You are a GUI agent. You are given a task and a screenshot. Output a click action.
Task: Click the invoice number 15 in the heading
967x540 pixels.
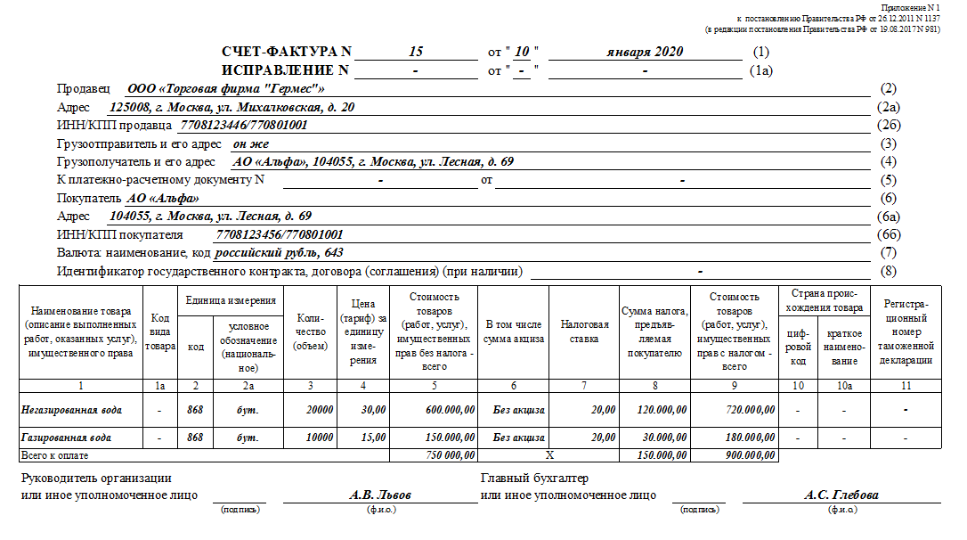(x=416, y=52)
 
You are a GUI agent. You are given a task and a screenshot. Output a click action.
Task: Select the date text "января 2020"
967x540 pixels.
(x=645, y=52)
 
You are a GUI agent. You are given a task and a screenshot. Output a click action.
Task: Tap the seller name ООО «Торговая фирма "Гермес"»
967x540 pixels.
(x=226, y=89)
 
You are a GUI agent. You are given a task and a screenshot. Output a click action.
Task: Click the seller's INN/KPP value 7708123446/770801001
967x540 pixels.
(x=244, y=126)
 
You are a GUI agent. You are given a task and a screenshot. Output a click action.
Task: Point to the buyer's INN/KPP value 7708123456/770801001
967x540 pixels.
(x=280, y=234)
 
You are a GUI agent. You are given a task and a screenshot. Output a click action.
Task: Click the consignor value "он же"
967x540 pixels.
(x=251, y=143)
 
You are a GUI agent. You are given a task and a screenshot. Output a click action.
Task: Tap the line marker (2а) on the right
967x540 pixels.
(x=888, y=108)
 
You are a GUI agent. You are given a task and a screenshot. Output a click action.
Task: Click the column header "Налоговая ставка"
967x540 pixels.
(x=584, y=331)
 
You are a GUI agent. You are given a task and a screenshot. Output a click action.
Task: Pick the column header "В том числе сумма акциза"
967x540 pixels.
(x=514, y=331)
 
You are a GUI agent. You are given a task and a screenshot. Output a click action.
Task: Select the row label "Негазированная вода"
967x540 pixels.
(x=71, y=410)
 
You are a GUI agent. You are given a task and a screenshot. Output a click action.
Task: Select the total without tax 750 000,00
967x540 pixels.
(x=445, y=455)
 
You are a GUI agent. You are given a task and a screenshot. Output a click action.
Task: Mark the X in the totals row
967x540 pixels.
(x=549, y=455)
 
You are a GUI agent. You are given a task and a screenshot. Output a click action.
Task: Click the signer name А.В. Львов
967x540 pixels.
(x=380, y=495)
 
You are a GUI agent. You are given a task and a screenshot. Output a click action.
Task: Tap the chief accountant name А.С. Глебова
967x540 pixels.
(x=841, y=495)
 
